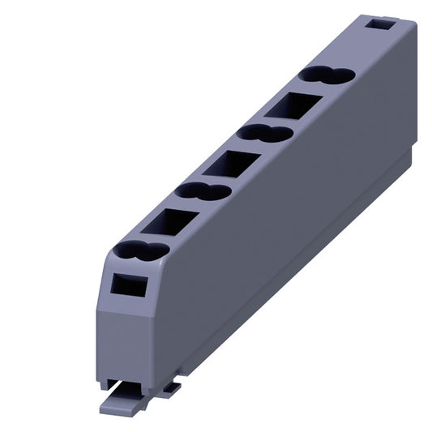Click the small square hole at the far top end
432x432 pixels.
pyautogui.click(x=377, y=25)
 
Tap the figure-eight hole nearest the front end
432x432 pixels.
pyautogui.click(x=141, y=252)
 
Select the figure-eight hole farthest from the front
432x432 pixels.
pyautogui.click(x=327, y=75)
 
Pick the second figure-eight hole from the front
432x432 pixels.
pyautogui.click(x=203, y=192)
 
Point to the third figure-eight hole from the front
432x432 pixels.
pyautogui.click(x=265, y=133)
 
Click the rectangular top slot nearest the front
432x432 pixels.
pyautogui.click(x=170, y=221)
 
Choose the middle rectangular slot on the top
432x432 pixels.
pyautogui.click(x=232, y=164)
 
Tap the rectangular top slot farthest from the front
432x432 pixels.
pyautogui.click(x=294, y=105)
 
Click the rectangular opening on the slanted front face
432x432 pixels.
pyautogui.click(x=126, y=285)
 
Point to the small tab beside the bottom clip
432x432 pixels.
pyautogui.click(x=171, y=388)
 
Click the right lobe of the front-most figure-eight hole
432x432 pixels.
pyautogui.click(x=153, y=253)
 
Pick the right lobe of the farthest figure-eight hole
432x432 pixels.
pyautogui.click(x=339, y=77)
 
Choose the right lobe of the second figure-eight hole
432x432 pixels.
pyautogui.click(x=216, y=194)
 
